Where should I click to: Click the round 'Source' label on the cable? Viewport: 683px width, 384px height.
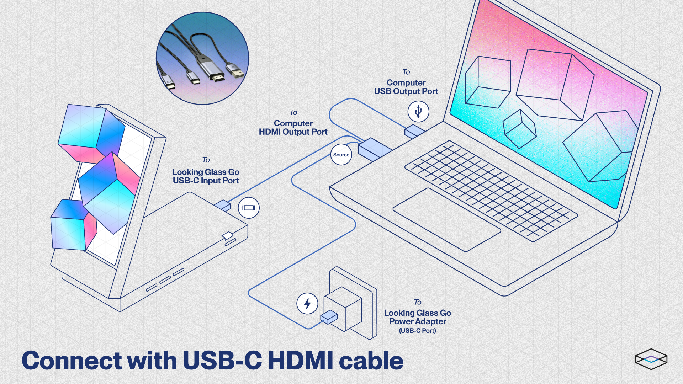point(341,155)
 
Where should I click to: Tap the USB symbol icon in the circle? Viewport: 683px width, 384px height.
point(418,111)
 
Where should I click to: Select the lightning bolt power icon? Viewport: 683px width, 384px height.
point(307,304)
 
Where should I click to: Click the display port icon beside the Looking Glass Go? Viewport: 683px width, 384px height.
point(249,208)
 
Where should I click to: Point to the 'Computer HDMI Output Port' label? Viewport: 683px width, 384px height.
point(293,128)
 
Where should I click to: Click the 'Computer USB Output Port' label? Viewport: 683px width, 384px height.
point(406,87)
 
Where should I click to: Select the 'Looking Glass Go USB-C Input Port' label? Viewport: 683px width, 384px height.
point(206,176)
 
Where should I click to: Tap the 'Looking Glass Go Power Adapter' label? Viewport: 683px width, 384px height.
point(417,317)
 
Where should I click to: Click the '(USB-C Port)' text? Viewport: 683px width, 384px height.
point(417,331)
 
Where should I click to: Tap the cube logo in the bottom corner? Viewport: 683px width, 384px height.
point(651,359)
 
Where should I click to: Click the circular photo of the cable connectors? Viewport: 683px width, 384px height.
point(202,58)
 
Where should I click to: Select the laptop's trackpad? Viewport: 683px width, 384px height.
point(446,220)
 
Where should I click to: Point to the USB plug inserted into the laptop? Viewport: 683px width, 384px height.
point(414,131)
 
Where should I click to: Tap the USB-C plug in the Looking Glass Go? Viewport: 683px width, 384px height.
point(223,206)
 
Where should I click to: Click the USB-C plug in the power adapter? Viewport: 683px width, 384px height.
point(329,316)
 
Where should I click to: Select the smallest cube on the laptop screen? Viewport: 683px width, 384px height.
point(519,129)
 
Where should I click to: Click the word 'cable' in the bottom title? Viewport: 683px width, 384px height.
point(371,361)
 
